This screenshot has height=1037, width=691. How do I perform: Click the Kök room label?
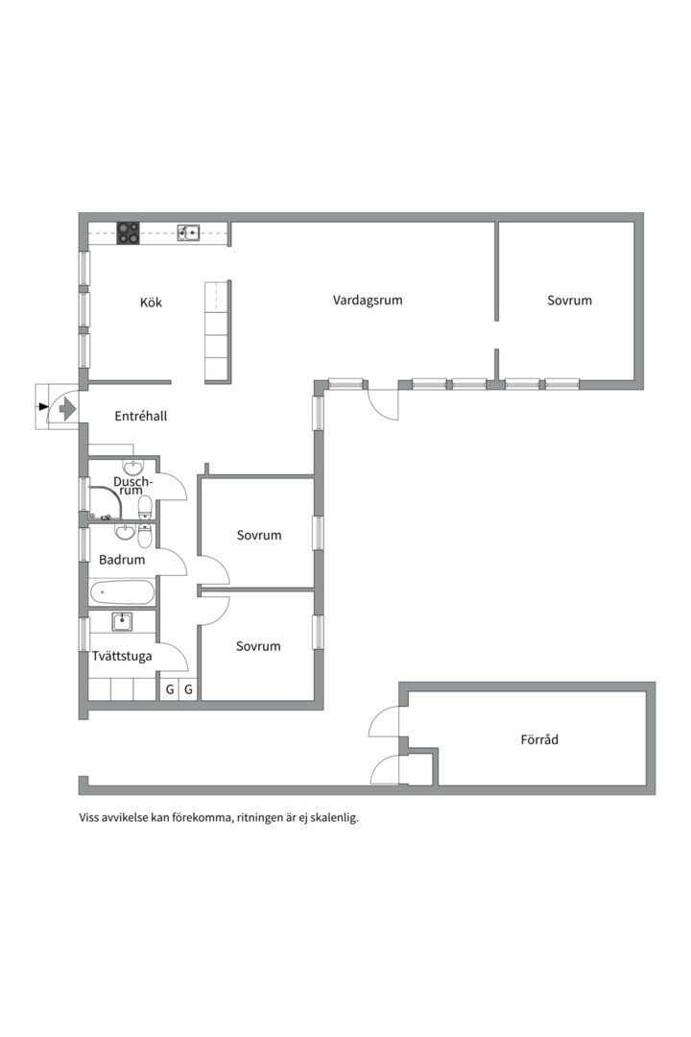click(151, 302)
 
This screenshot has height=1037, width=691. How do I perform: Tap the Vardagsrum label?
click(368, 301)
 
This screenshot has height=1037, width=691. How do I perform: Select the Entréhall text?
click(141, 416)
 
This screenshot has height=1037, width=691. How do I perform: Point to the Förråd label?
click(539, 739)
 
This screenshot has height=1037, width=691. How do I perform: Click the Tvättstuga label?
click(122, 656)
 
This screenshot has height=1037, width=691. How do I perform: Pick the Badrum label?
click(122, 560)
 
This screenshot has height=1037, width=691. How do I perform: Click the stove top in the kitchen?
click(129, 232)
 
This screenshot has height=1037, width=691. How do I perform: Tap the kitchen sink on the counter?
click(189, 232)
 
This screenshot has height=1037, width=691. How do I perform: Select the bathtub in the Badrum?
click(122, 592)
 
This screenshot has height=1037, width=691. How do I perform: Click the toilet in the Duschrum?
click(145, 507)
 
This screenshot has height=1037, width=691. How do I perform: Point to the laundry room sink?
click(122, 621)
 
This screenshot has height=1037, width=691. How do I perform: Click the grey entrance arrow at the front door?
click(65, 409)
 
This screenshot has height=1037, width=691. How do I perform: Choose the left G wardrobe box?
click(170, 689)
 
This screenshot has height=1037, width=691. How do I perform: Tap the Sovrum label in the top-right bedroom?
click(569, 301)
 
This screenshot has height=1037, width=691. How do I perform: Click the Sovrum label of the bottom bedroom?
click(258, 646)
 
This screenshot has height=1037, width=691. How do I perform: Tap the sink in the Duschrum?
click(133, 467)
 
